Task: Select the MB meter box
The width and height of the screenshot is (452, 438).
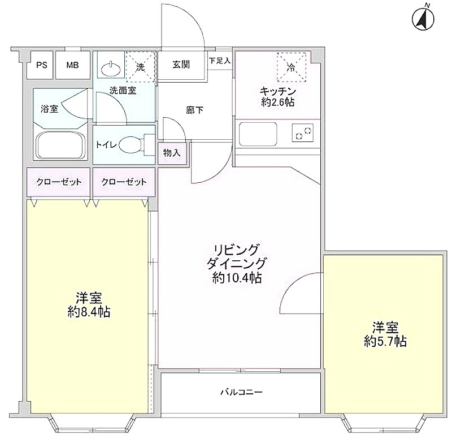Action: tap(73, 65)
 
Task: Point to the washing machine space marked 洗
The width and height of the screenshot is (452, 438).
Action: tap(141, 67)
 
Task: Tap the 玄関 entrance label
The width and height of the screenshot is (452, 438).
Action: tap(181, 65)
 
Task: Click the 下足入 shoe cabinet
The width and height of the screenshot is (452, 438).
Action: tap(220, 61)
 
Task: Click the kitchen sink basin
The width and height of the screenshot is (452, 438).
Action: tap(258, 135)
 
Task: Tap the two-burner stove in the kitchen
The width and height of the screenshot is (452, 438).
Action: tap(303, 133)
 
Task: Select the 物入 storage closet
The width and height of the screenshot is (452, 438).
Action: tap(172, 153)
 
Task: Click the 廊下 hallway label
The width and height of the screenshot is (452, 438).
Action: tap(194, 110)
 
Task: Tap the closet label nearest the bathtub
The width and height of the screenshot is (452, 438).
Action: tap(59, 182)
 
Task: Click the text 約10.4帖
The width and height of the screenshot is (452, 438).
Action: tap(237, 278)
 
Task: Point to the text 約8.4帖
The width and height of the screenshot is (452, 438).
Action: tap(89, 312)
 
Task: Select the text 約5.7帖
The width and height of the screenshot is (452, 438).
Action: tap(385, 342)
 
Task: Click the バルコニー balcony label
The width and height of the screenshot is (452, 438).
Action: tap(242, 392)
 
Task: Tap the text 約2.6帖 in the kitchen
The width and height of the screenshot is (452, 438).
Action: tap(278, 102)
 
